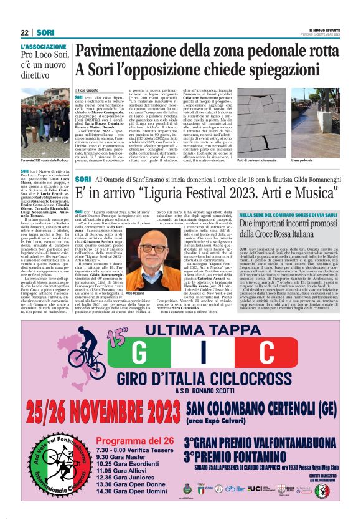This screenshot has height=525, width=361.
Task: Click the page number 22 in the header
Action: tap(24, 32)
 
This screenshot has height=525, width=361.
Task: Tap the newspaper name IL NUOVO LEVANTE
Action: tap(322, 30)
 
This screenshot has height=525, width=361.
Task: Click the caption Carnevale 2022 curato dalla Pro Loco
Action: tap(44, 161)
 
